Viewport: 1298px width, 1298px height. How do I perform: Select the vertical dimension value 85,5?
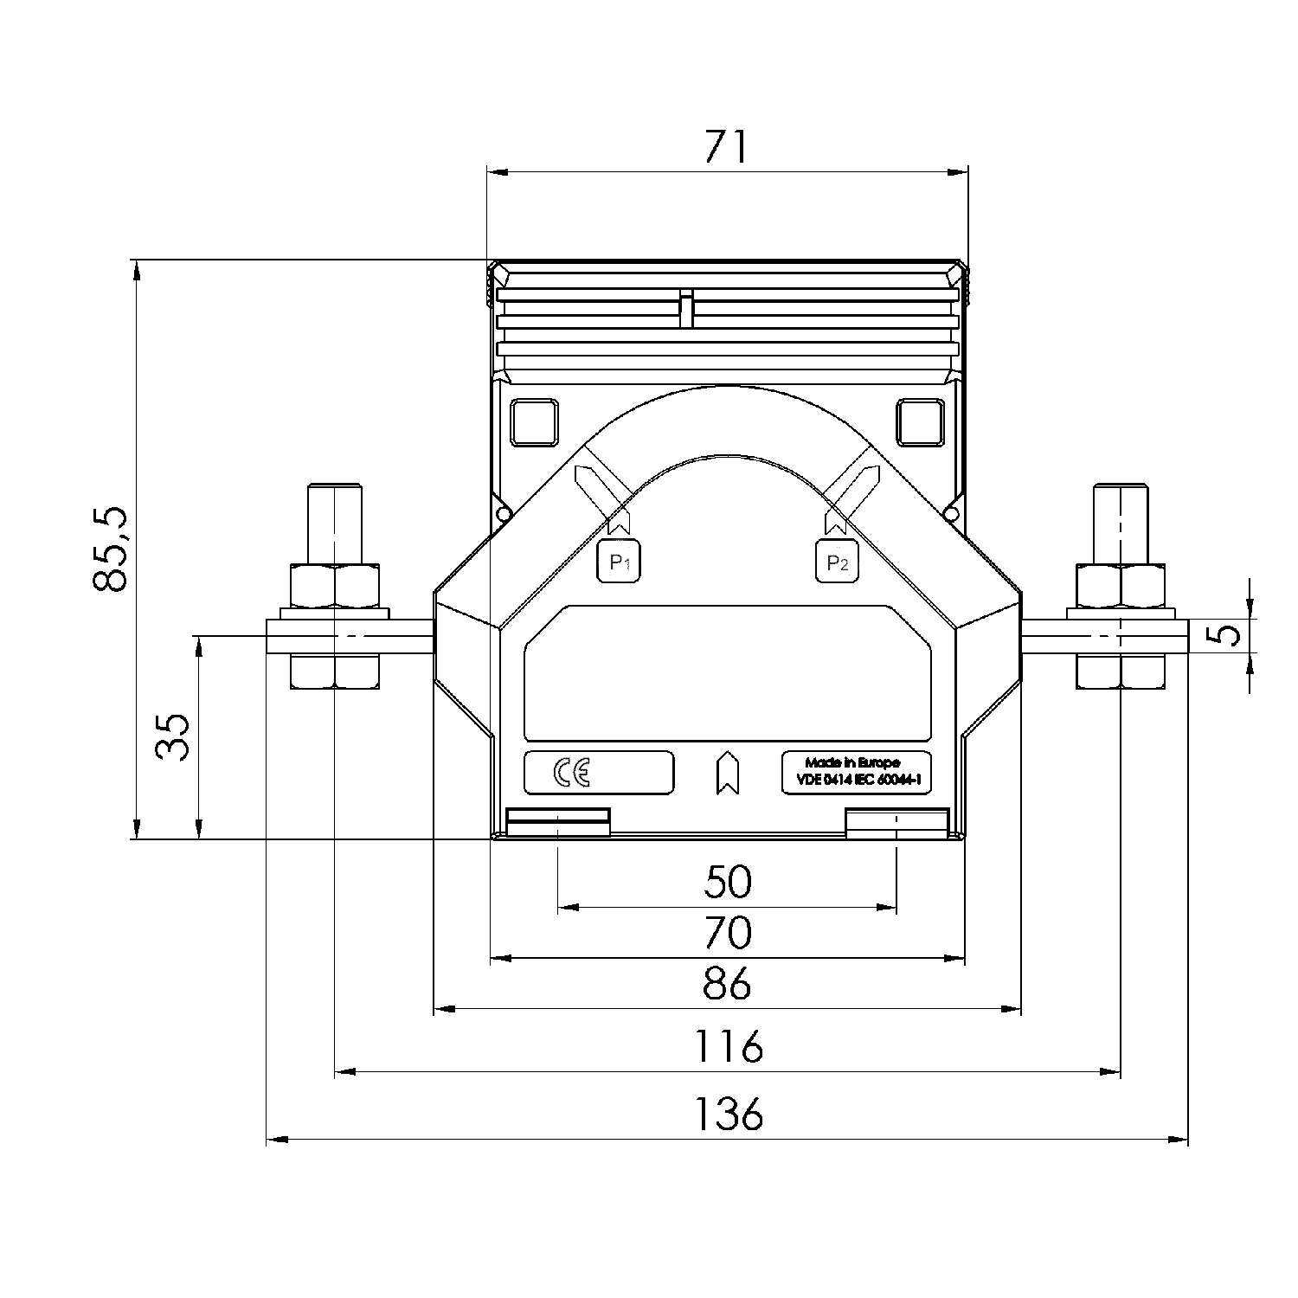tap(112, 549)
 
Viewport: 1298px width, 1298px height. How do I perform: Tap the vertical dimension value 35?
tap(174, 736)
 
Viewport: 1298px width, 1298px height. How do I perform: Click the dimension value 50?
tap(728, 882)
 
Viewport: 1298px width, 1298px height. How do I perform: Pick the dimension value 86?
tap(728, 985)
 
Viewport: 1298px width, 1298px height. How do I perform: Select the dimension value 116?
tap(729, 1047)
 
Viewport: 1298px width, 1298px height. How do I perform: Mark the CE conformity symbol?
tap(572, 773)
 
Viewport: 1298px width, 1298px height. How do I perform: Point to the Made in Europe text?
tap(852, 762)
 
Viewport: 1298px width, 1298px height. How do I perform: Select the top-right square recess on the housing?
tap(919, 422)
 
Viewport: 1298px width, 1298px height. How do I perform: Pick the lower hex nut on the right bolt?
tap(1121, 671)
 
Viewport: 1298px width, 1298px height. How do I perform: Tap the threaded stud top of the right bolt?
tap(1121, 519)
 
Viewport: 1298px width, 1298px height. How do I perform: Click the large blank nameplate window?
tap(727, 673)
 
